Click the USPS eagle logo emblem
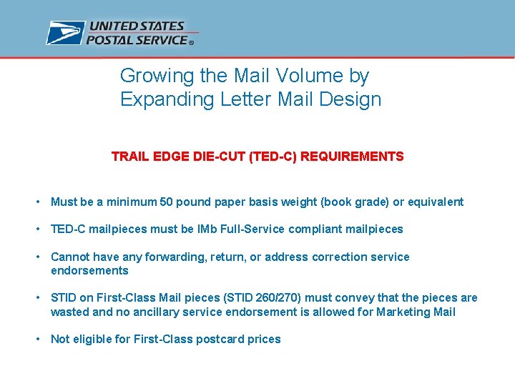click(x=65, y=33)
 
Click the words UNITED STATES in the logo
click(x=136, y=26)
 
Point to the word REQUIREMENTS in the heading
click(x=352, y=157)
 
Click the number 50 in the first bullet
click(x=167, y=202)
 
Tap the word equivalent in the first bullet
click(x=434, y=202)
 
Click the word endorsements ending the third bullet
click(x=89, y=270)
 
